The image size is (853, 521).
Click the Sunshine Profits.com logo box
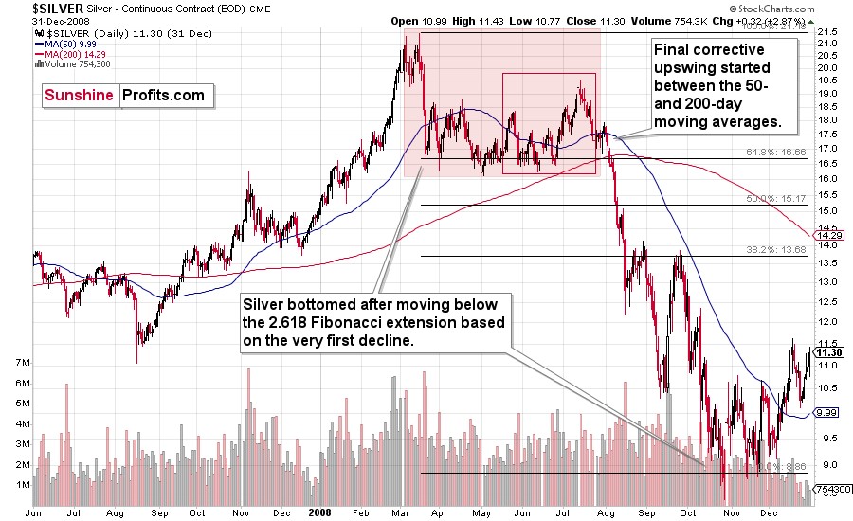coord(123,95)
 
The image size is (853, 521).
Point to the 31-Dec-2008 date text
coord(33,21)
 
